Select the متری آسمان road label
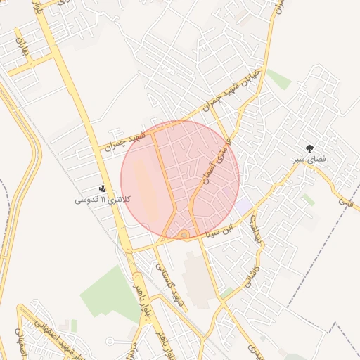tap(215, 162)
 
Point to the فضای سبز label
tap(310, 160)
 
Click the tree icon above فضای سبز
tap(310, 148)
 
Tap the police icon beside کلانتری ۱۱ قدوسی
tap(103, 188)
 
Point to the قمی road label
tap(345, 200)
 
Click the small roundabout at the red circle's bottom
tap(184, 235)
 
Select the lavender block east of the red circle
tap(243, 207)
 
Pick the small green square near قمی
tap(308, 200)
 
